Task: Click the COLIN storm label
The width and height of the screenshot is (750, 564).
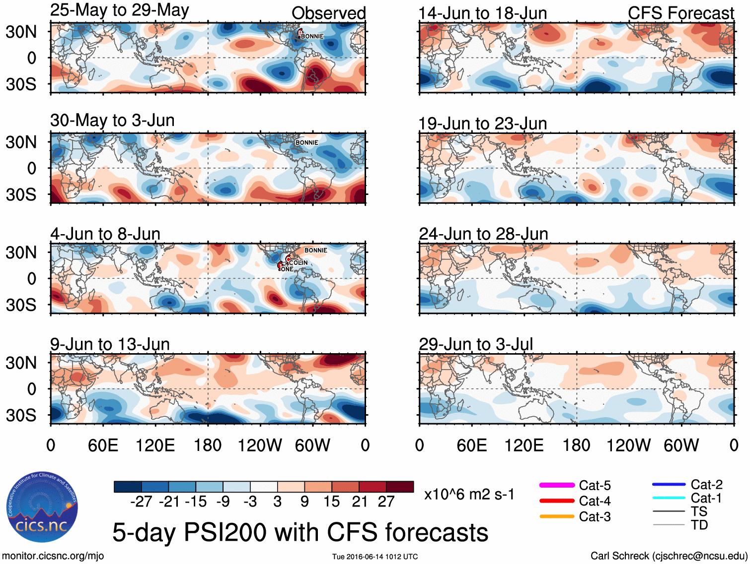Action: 298,262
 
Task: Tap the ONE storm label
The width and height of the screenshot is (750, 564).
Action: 287,269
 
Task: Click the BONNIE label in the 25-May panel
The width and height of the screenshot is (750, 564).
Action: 312,36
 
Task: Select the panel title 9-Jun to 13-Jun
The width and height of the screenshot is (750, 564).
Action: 110,344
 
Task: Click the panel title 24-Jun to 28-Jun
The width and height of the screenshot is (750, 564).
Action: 483,234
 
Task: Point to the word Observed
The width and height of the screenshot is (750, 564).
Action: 328,13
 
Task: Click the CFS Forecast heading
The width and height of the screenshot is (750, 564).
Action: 680,13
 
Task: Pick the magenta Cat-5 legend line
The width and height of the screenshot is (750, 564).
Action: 557,485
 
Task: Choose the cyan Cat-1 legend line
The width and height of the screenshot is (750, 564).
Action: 669,498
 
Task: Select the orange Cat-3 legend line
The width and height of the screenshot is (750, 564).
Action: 557,516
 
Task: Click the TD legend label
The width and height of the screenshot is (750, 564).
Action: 699,525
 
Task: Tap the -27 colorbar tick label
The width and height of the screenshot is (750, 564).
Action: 141,501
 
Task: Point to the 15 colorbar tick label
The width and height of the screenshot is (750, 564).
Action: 332,501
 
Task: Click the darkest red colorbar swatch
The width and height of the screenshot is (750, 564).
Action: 400,487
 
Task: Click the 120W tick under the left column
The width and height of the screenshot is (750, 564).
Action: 260,445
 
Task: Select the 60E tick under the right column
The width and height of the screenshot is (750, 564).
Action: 471,445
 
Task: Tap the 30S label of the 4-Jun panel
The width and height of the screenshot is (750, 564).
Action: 21,305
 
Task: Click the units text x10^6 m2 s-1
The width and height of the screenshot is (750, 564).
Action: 469,494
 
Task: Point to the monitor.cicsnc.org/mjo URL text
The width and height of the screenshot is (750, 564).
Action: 53,556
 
